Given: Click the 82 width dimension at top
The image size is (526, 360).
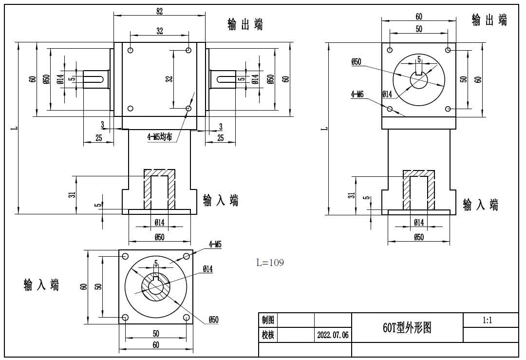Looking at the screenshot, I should [x=159, y=10].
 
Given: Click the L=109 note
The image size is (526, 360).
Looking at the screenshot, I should [x=270, y=263].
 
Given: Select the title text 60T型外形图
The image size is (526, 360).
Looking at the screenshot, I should [x=407, y=328].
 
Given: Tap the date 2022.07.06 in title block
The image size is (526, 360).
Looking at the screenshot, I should [x=333, y=336].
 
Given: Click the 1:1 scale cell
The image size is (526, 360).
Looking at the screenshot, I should [x=487, y=321].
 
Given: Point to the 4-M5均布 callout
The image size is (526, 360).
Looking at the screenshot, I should [x=160, y=137].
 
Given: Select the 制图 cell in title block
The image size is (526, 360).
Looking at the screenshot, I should [x=268, y=320].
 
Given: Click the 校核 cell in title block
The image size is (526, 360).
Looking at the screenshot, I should [x=268, y=335].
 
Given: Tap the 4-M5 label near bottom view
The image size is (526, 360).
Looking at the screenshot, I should [x=215, y=244].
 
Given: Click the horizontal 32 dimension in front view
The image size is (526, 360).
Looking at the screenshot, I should [x=160, y=31].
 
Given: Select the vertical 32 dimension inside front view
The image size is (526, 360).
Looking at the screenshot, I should [x=169, y=79].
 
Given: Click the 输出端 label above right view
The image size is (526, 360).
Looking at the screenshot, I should [x=489, y=20].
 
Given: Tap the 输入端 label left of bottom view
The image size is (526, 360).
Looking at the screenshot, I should [x=41, y=285].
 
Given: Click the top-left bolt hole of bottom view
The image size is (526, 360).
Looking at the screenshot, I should [x=125, y=256].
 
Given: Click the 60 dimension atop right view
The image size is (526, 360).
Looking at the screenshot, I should [x=419, y=16].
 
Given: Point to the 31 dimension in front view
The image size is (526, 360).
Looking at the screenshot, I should [x=72, y=194].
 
